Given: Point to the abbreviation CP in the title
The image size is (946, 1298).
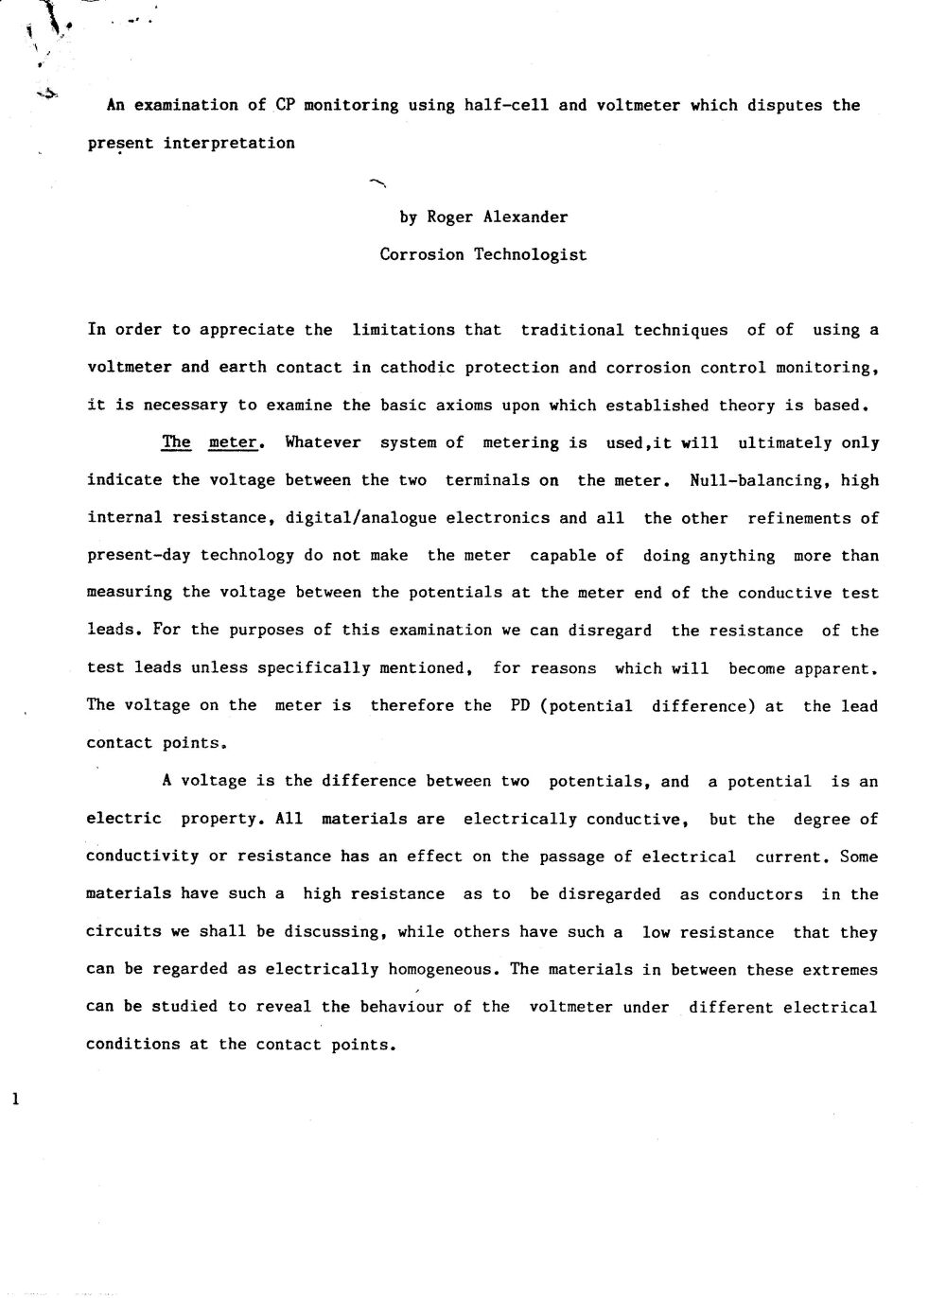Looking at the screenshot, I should click(286, 105).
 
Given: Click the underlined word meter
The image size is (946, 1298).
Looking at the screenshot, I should click(234, 442).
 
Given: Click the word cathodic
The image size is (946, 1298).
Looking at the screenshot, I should click(412, 368).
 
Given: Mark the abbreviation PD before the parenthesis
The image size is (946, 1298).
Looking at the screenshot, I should click(520, 706).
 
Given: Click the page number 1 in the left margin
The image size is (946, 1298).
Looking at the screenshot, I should click(13, 1099).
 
